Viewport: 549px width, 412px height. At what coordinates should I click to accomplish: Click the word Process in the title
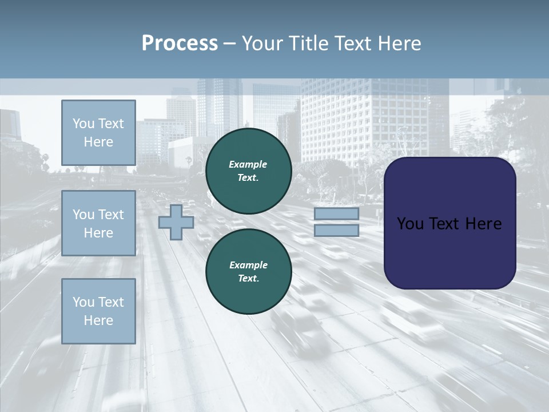tap(180, 43)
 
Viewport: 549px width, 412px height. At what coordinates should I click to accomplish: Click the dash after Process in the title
tap(229, 44)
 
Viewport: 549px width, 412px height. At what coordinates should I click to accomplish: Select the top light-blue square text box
tap(98, 133)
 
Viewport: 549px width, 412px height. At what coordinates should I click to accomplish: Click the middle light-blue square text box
tap(98, 223)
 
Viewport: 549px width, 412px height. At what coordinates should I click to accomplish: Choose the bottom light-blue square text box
tap(98, 311)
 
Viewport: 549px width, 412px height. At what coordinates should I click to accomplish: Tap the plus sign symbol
tap(176, 222)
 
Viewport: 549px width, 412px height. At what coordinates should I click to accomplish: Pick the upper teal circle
tap(248, 171)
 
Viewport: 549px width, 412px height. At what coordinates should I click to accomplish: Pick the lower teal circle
tap(248, 272)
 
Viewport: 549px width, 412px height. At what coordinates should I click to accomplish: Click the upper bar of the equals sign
tap(336, 214)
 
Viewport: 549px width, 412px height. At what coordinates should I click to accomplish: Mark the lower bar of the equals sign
tap(336, 230)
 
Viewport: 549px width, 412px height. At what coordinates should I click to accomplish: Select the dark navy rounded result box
tap(449, 223)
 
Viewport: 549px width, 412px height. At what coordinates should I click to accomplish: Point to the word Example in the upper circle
tap(248, 164)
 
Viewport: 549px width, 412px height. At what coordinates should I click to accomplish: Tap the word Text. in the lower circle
tap(248, 279)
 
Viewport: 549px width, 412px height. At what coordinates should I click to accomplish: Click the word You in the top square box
tap(83, 124)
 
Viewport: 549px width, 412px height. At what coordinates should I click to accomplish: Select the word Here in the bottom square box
tap(98, 320)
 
